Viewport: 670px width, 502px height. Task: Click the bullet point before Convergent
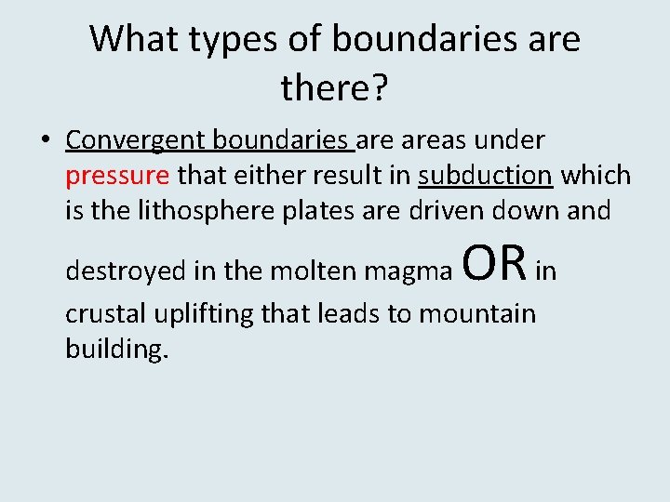(x=45, y=140)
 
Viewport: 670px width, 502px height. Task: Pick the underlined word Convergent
(x=137, y=140)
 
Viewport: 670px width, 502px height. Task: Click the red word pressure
(x=117, y=175)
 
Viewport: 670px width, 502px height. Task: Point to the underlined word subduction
(x=486, y=175)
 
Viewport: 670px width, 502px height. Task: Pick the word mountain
(x=477, y=314)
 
